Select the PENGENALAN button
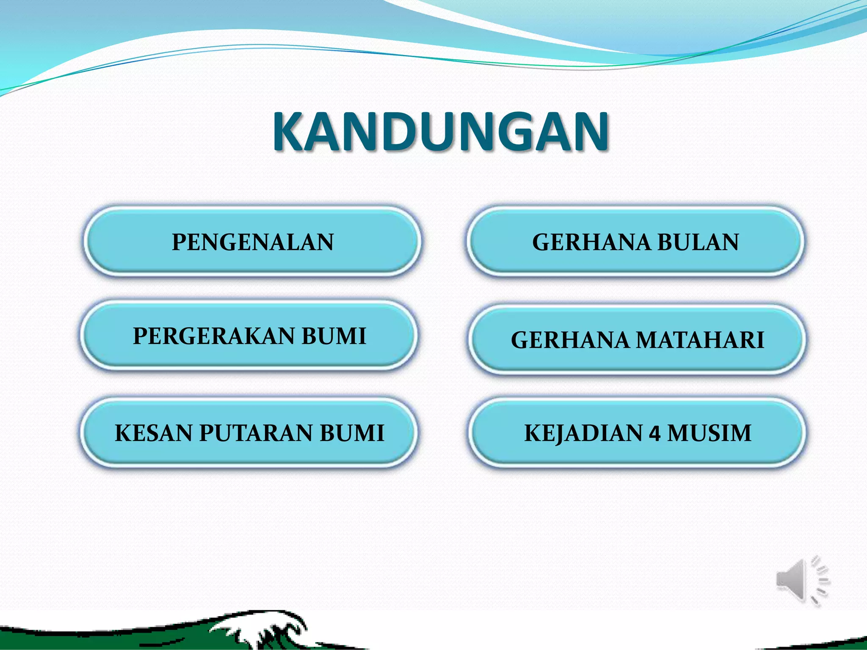253,242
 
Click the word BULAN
698,242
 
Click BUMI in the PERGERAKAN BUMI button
334,336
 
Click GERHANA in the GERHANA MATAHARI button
570,340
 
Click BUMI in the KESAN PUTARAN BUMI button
352,433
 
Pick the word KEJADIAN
583,433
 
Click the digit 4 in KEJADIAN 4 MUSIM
654,434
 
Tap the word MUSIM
709,433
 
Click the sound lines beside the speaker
821,580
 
